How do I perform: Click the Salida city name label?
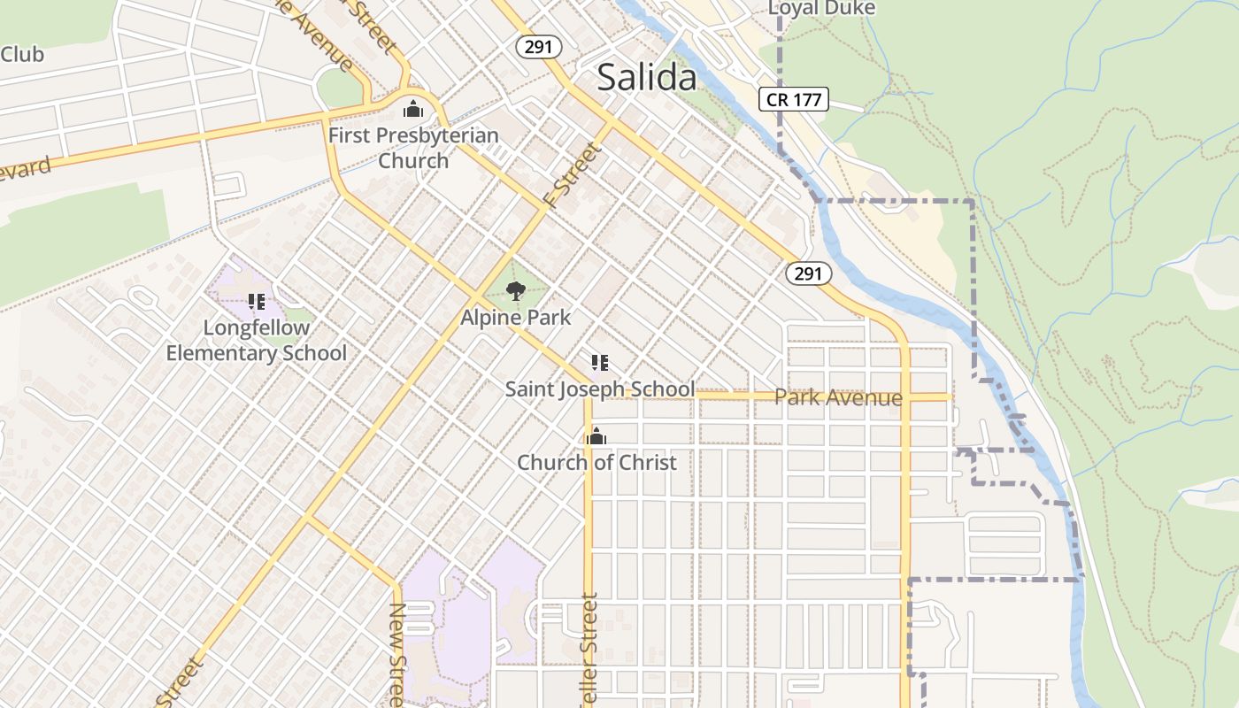pos(647,78)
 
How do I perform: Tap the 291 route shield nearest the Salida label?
pos(538,47)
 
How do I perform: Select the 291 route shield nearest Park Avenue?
pos(808,273)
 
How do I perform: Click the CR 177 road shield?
pos(794,99)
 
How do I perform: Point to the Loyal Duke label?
pos(821,9)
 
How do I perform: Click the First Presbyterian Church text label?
pos(413,148)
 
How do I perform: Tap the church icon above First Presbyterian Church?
pos(412,110)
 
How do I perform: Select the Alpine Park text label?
pos(516,317)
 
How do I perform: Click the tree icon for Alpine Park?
pos(516,290)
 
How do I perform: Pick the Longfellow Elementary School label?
pos(257,340)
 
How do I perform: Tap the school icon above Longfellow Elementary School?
pos(257,302)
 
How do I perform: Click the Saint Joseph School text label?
pos(599,389)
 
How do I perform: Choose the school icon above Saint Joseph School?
pos(599,363)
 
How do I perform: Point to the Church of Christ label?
pos(596,462)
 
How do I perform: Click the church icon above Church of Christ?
pos(596,436)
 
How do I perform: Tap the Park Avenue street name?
pos(838,397)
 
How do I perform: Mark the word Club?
pos(21,54)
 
